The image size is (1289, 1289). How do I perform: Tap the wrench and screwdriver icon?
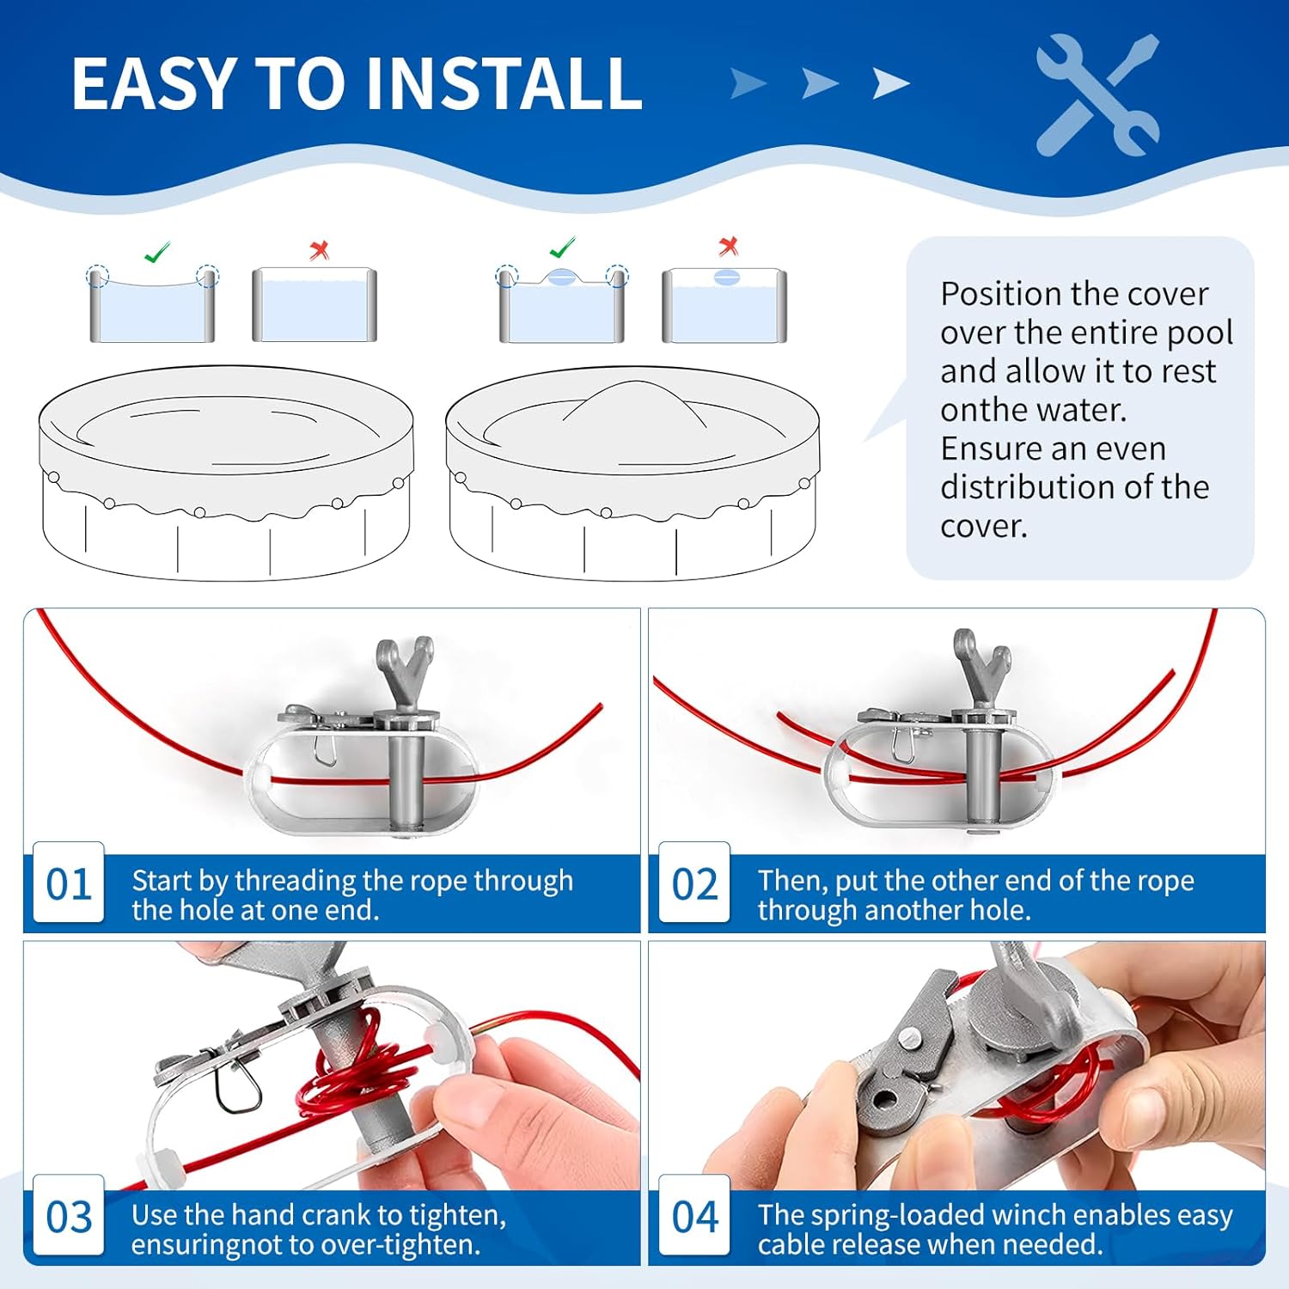[x=1098, y=95]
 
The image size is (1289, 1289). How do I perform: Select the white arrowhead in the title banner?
[x=891, y=83]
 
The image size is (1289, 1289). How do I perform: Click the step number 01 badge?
[x=69, y=884]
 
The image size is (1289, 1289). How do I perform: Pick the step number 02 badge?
[x=694, y=884]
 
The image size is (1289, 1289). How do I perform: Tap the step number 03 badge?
[x=69, y=1217]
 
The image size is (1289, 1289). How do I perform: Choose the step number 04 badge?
[x=694, y=1217]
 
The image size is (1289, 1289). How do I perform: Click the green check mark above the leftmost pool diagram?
[x=156, y=252]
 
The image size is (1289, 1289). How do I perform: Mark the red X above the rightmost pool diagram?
[x=729, y=247]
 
